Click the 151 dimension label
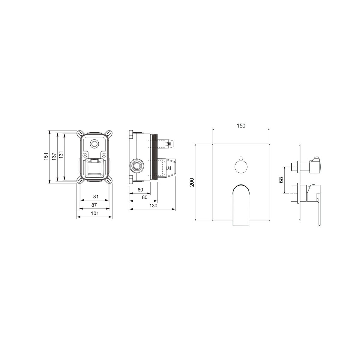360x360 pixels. tap(46, 156)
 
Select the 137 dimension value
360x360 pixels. tap(54, 156)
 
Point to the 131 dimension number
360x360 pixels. tap(61, 155)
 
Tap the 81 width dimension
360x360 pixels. tap(96, 196)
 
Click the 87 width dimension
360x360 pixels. tap(94, 205)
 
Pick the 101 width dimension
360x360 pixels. tap(95, 213)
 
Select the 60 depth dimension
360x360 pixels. tap(140, 190)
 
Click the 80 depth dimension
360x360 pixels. tap(145, 197)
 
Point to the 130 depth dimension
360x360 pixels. tap(153, 205)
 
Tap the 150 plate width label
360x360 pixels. tap(241, 126)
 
